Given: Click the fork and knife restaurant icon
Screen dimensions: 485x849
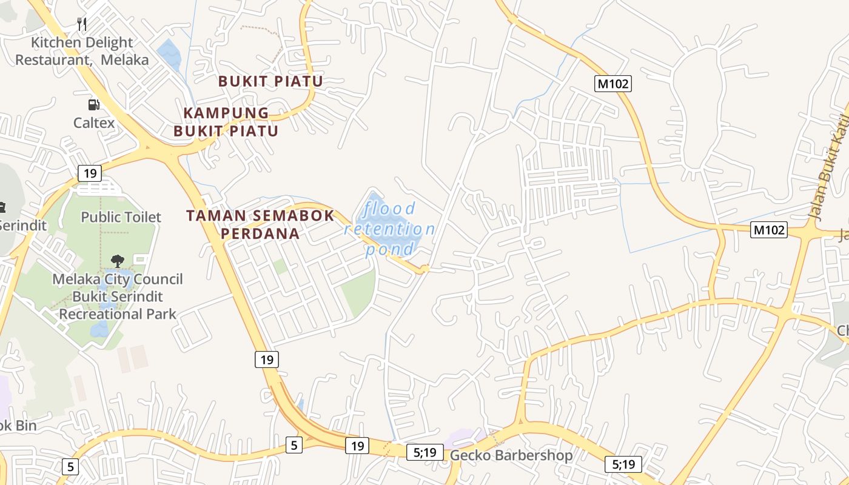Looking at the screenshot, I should coord(82,24).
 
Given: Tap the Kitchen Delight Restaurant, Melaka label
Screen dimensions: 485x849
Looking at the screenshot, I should coord(82,51).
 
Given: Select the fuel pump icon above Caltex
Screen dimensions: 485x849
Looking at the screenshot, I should coord(93,105).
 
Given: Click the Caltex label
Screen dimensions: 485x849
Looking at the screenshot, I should coord(94,122).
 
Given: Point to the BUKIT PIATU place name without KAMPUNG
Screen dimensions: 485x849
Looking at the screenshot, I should coord(270,81).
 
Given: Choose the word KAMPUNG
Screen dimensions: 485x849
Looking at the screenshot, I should coord(226,113).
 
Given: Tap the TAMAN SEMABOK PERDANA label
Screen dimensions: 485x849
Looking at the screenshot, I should coord(260,224).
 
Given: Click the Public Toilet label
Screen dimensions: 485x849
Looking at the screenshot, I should coord(121,217).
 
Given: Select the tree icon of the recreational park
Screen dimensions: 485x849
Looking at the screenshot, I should coord(118,261).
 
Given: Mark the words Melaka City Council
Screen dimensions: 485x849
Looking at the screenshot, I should coord(118,279).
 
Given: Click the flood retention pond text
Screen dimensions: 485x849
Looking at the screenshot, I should coord(389,229).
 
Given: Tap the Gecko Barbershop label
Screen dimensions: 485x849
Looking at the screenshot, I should coord(511,455).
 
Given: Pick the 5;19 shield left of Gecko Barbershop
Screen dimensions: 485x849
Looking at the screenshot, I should coord(425,452).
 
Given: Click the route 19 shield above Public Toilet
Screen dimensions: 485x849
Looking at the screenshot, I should coord(90,173).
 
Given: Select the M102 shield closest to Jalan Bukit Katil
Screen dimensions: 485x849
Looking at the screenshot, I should coord(769,230).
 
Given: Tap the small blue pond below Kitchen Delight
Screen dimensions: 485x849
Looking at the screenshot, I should coord(169,54).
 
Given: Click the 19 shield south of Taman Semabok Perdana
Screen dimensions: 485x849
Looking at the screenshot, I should coord(266,360).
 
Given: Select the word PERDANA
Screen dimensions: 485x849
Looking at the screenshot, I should coord(260,233).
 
